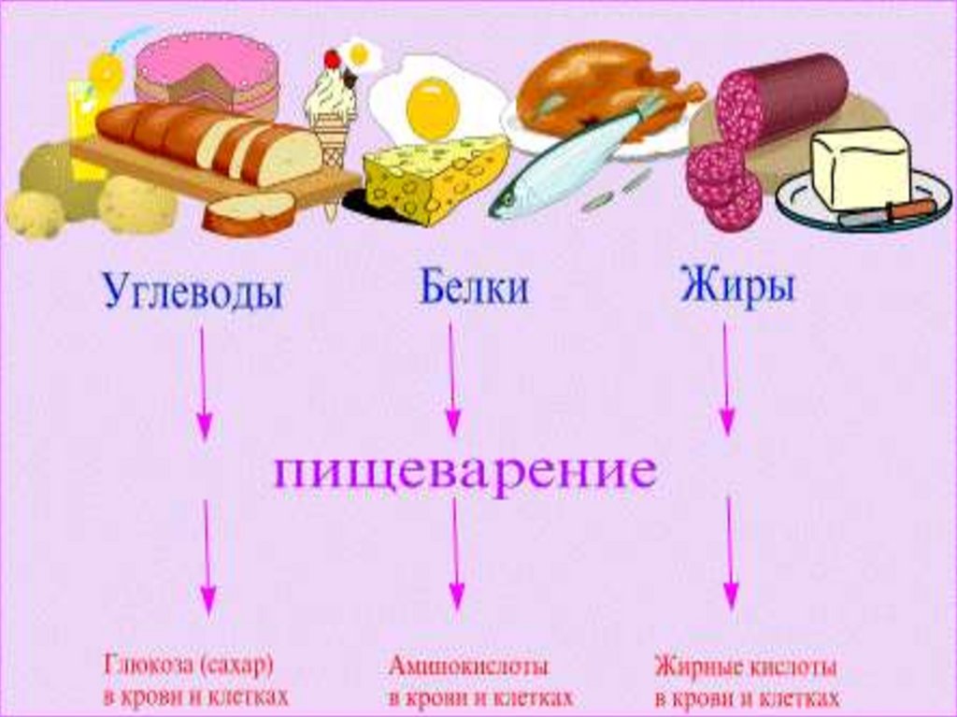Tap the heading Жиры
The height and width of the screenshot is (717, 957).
tap(737, 287)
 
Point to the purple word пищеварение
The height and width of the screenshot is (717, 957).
tap(464, 472)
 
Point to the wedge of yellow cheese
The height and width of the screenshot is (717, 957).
tap(435, 178)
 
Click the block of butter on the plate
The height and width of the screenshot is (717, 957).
tap(860, 168)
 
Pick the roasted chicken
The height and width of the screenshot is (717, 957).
tap(598, 89)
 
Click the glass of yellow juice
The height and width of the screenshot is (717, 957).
tap(89, 122)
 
